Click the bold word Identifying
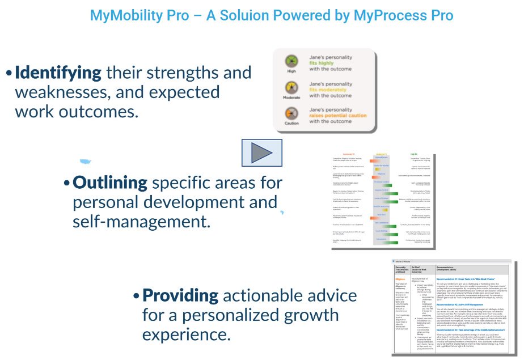[x=58, y=73]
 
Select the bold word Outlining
[x=109, y=183]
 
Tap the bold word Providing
[x=180, y=295]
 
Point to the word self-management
[x=141, y=221]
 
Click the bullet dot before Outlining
[x=66, y=184]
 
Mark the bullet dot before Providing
[x=136, y=296]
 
